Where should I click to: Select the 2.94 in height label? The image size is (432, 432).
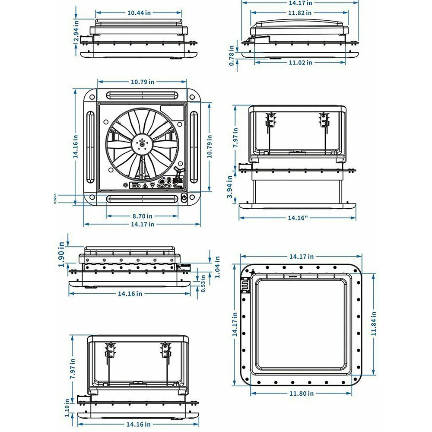[76, 32]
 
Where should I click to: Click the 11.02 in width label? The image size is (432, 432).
[300, 63]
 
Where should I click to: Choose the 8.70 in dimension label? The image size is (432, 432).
[142, 216]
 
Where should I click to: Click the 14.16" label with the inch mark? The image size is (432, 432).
[298, 218]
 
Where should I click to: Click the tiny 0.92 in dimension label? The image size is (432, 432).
[55, 199]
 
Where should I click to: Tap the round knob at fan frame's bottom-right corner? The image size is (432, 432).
[184, 199]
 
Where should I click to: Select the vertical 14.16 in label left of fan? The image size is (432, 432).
[76, 147]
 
